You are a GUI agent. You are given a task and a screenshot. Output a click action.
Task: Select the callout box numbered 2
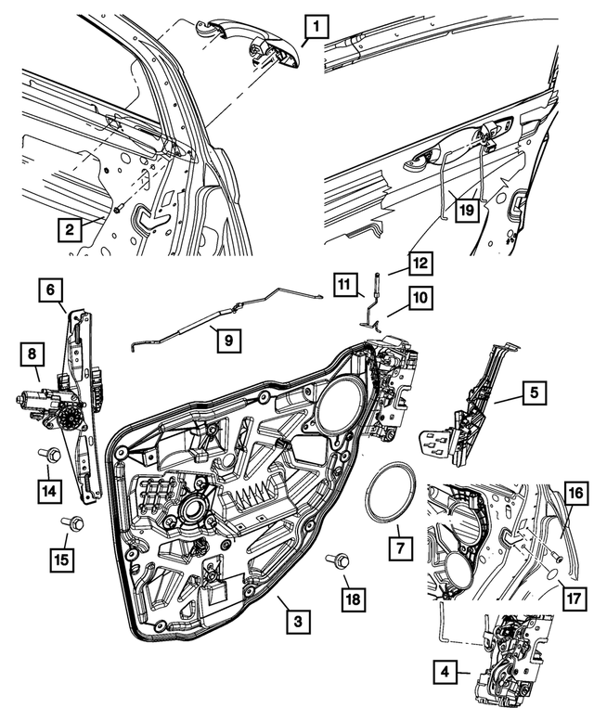(x=69, y=226)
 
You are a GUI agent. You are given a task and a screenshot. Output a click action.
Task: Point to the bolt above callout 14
(x=53, y=455)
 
